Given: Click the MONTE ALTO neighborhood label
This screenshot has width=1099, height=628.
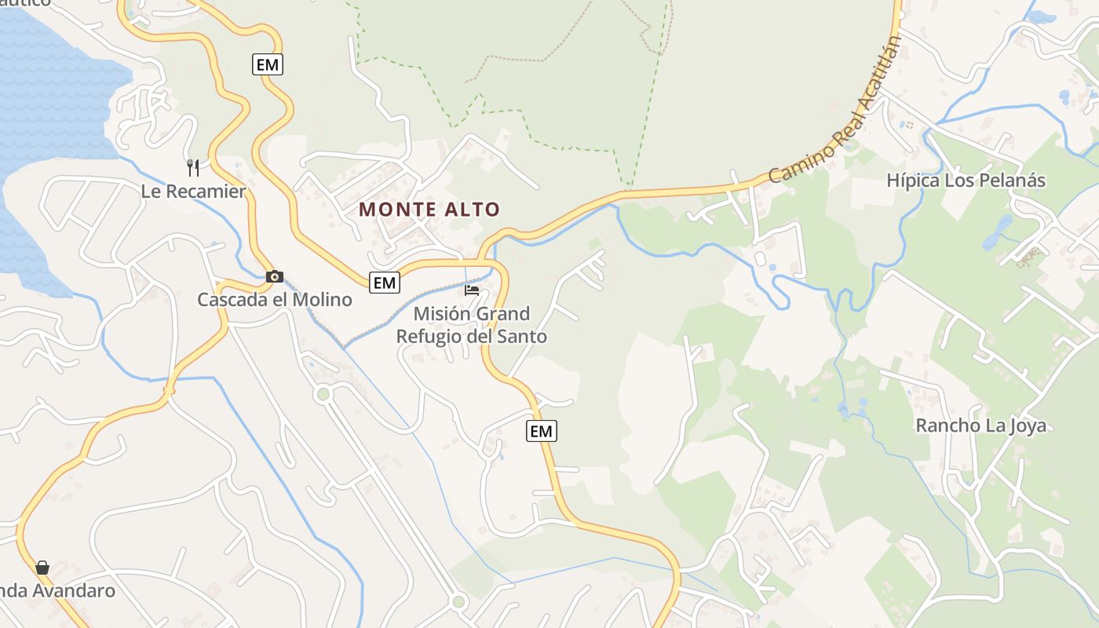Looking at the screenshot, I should click(x=429, y=210).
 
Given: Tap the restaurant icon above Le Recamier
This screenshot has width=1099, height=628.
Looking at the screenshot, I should click(x=193, y=167).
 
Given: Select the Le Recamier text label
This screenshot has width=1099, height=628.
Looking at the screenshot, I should click(x=193, y=191).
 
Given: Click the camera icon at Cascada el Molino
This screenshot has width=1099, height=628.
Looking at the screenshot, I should click(x=274, y=276).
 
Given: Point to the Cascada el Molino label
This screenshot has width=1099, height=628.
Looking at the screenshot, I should click(x=274, y=299).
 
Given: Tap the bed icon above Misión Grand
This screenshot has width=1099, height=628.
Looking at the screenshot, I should click(x=472, y=290).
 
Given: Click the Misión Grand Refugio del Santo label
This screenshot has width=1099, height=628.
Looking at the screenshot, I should click(x=471, y=325).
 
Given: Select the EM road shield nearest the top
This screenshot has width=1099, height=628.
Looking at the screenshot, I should click(x=268, y=64).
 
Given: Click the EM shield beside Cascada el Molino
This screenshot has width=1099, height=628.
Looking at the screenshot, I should click(x=385, y=283).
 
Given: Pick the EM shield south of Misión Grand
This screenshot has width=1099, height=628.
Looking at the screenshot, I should click(x=541, y=431).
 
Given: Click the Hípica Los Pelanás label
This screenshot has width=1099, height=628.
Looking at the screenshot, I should click(x=966, y=181).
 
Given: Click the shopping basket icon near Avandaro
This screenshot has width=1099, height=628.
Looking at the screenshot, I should click(x=42, y=567).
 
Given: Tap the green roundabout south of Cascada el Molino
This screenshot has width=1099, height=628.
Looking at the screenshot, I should click(x=323, y=394).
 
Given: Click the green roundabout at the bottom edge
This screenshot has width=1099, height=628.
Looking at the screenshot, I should click(x=458, y=602).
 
